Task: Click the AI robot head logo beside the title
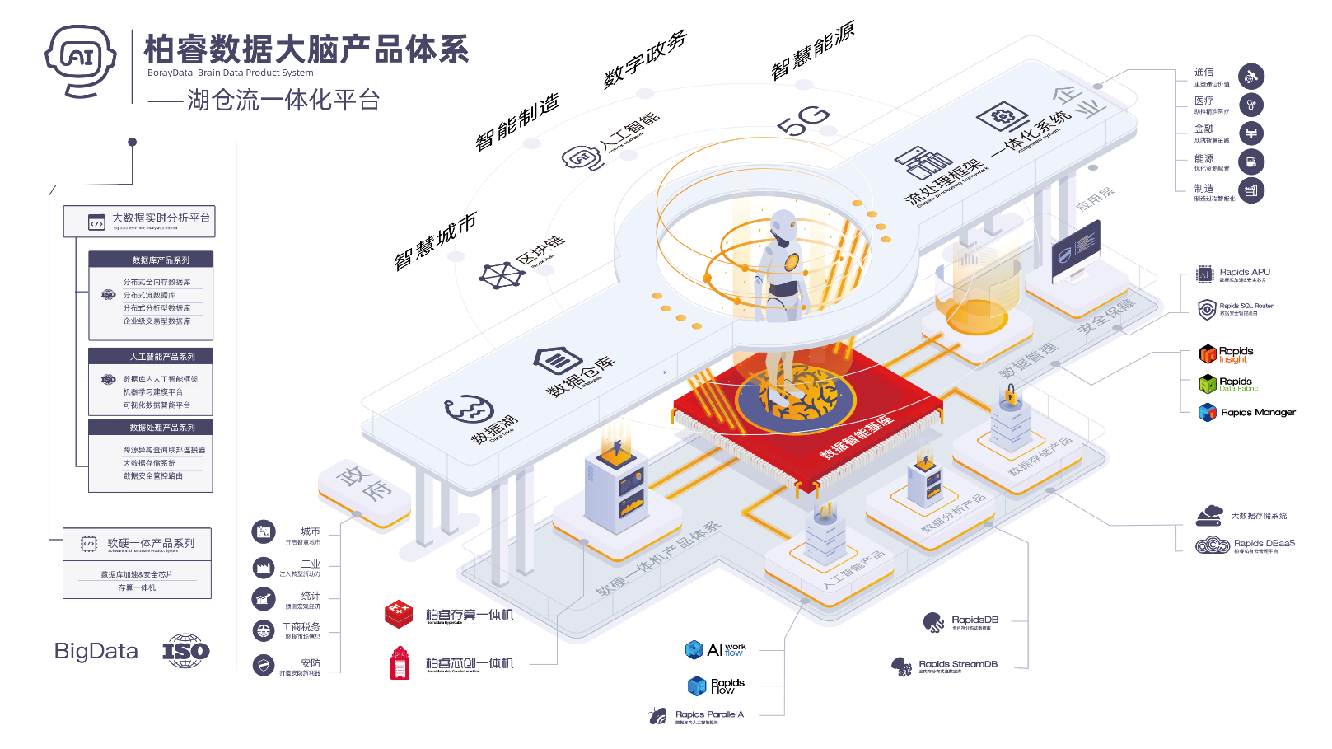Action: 81,59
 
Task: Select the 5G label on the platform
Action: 802,121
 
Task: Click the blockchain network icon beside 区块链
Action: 500,275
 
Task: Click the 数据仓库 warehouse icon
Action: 558,360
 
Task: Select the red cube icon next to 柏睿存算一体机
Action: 399,614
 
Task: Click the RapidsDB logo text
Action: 974,620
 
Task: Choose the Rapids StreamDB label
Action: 957,664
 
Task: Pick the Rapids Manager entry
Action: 1257,413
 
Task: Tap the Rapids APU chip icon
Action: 1205,275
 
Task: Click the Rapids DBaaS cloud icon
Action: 1212,545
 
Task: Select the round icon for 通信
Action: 1251,77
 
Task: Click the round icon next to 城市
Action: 264,532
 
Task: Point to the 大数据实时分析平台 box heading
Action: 161,218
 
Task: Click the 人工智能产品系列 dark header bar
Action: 151,357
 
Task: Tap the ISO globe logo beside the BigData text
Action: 186,651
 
